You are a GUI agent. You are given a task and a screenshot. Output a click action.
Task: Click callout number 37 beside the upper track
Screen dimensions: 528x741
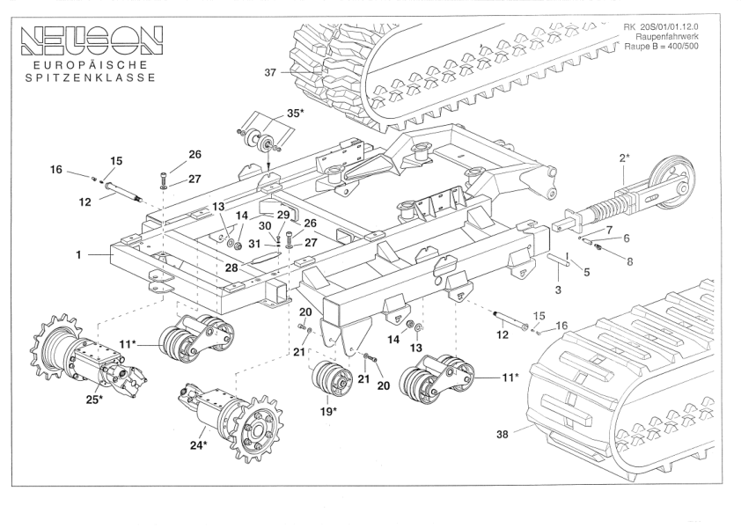click(x=270, y=73)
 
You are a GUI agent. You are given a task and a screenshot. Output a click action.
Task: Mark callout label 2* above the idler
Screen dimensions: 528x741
click(x=624, y=158)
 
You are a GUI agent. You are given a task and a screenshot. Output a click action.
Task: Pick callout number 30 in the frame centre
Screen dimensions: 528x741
click(x=265, y=226)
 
